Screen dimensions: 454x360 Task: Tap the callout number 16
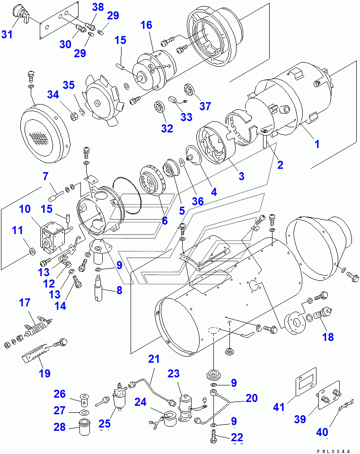146,25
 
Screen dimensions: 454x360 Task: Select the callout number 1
317,144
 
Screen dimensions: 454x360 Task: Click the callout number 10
25,209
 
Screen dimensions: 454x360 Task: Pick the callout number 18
328,337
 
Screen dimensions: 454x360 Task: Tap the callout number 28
60,428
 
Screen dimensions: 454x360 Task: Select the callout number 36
197,201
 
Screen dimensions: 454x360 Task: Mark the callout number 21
154,359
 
